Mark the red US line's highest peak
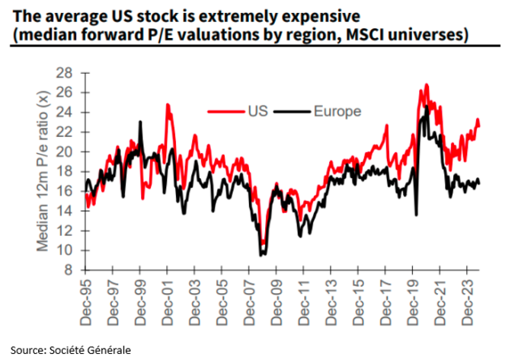[427, 84]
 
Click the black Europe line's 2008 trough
[262, 254]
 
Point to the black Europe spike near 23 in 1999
[140, 122]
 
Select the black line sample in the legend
[290, 111]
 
